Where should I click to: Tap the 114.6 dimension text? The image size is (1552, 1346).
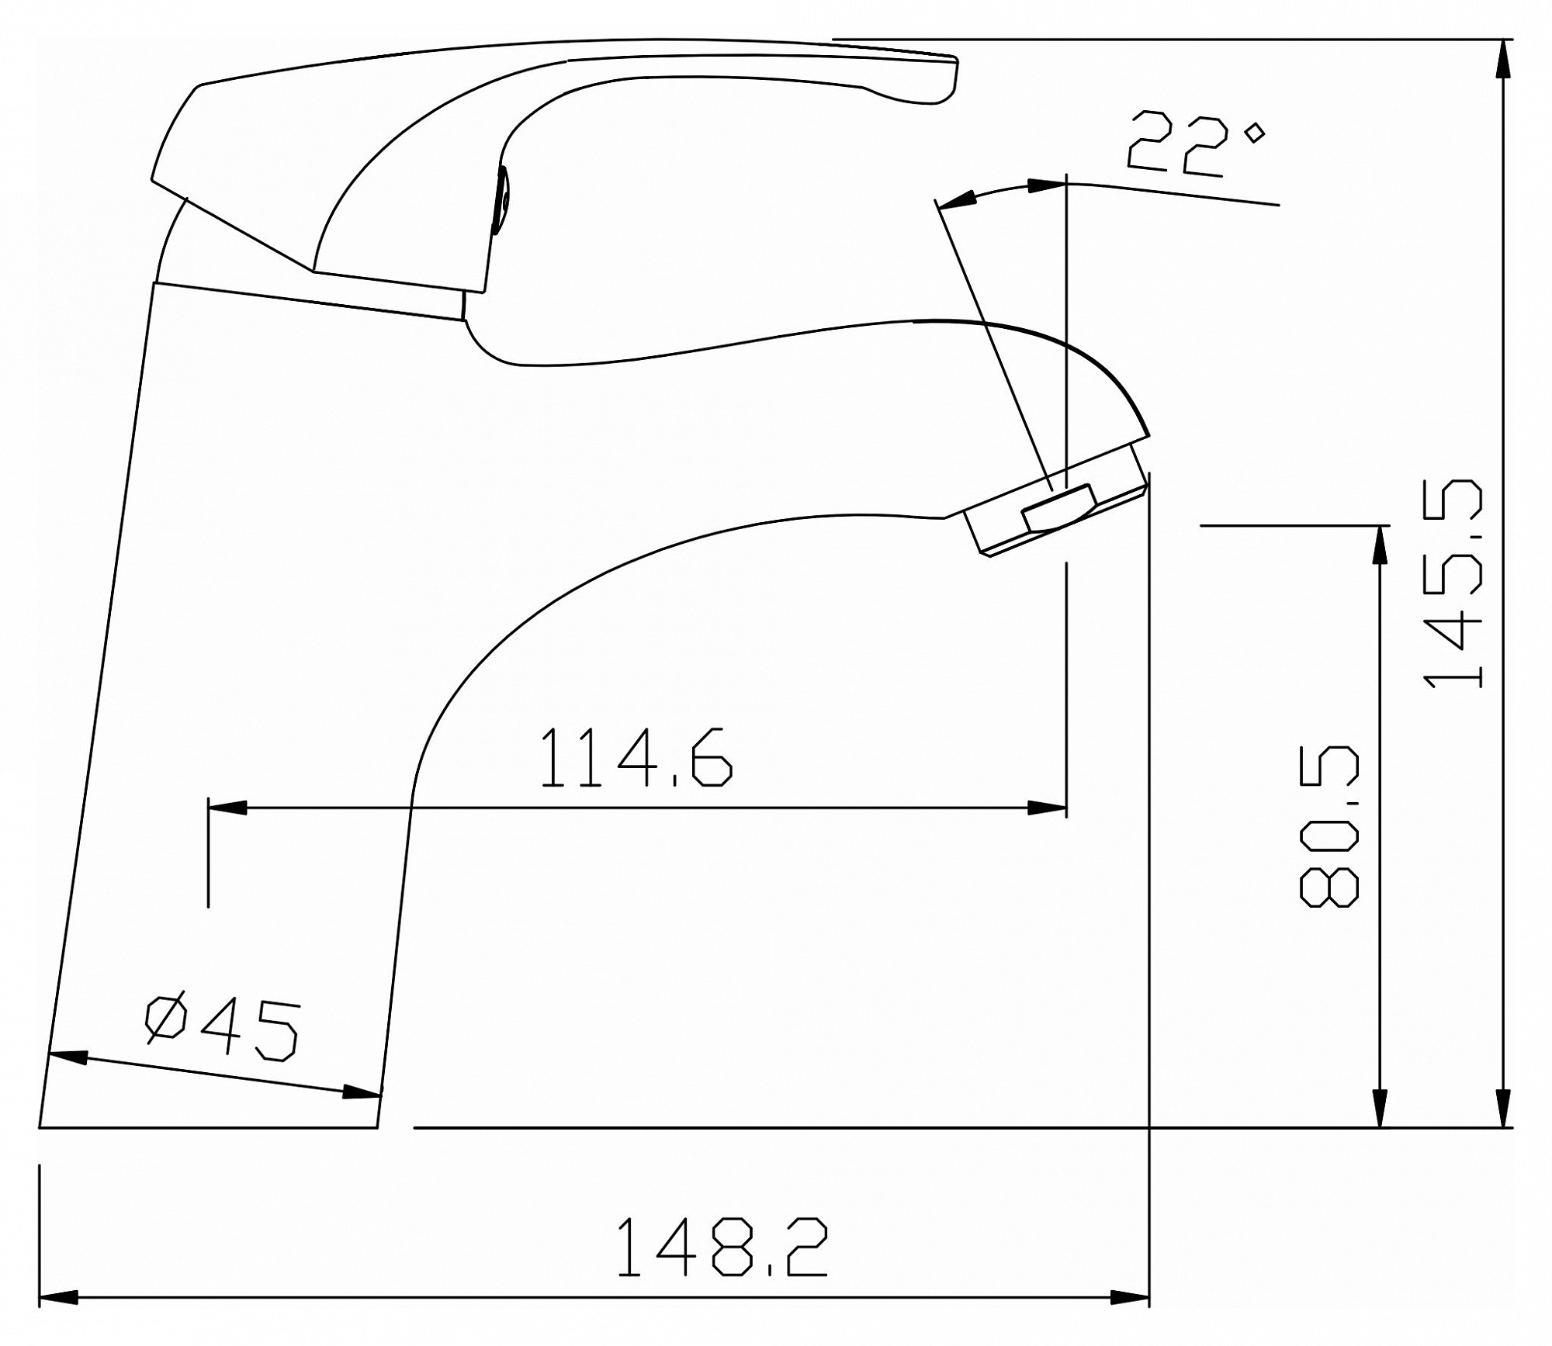click(636, 758)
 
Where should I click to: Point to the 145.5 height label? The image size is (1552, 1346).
click(1453, 583)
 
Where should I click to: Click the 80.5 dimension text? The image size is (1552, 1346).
click(1329, 826)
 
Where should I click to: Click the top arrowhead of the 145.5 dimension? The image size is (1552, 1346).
click(1504, 58)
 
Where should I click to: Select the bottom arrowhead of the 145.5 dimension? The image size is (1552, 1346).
click(1504, 1108)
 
